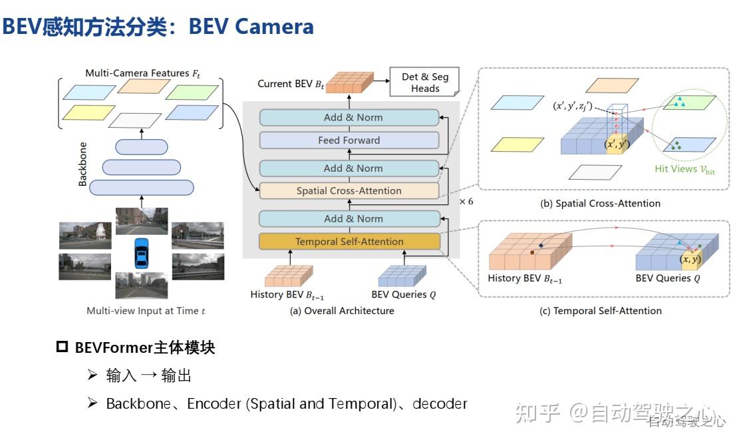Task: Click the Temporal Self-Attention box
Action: pyautogui.click(x=349, y=242)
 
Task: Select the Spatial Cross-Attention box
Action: pyautogui.click(x=349, y=191)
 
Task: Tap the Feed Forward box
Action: pyautogui.click(x=349, y=140)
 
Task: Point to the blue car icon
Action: pyautogui.click(x=141, y=254)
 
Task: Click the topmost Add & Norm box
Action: pyautogui.click(x=349, y=117)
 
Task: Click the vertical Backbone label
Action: pyautogui.click(x=83, y=164)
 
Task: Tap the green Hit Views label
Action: pyautogui.click(x=684, y=169)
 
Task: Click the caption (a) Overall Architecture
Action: pyautogui.click(x=342, y=311)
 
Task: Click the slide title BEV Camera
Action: pyautogui.click(x=251, y=27)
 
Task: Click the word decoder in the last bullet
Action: pyautogui.click(x=440, y=404)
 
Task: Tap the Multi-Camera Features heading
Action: pyautogui.click(x=142, y=73)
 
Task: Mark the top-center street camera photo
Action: pyautogui.click(x=141, y=221)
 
